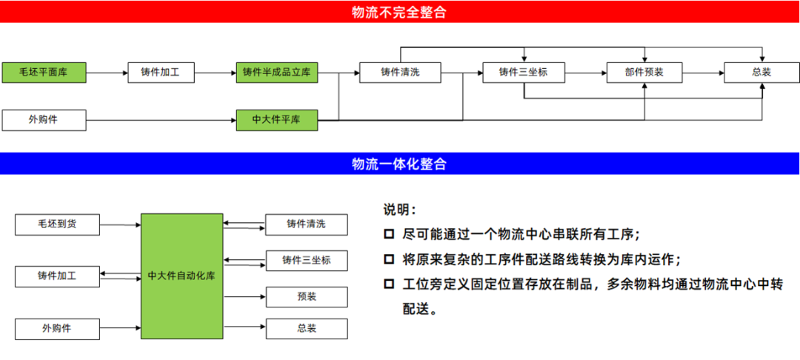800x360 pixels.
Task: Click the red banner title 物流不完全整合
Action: tap(399, 12)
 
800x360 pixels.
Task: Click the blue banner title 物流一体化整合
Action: tap(399, 164)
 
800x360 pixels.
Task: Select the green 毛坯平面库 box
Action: tap(44, 73)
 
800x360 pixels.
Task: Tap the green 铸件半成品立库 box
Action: tap(277, 73)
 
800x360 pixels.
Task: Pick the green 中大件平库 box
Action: tap(277, 119)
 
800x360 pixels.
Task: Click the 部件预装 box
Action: tap(644, 73)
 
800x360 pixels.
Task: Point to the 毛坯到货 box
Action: tap(57, 224)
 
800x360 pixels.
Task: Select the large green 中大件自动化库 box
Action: tap(181, 276)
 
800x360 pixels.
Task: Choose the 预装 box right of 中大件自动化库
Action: tap(307, 297)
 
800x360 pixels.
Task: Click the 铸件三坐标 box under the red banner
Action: tap(523, 73)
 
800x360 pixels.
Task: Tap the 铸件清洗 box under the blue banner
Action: tap(307, 224)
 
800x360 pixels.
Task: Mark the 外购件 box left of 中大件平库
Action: tap(44, 119)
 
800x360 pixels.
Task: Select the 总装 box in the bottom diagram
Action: tap(307, 327)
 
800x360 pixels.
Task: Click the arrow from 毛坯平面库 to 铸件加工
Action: tap(107, 73)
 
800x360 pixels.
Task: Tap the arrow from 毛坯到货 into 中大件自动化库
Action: tap(120, 224)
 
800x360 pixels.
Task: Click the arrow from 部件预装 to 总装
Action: tap(703, 73)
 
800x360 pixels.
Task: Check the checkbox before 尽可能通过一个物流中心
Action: tap(389, 234)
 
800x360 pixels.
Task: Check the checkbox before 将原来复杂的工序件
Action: tap(389, 259)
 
